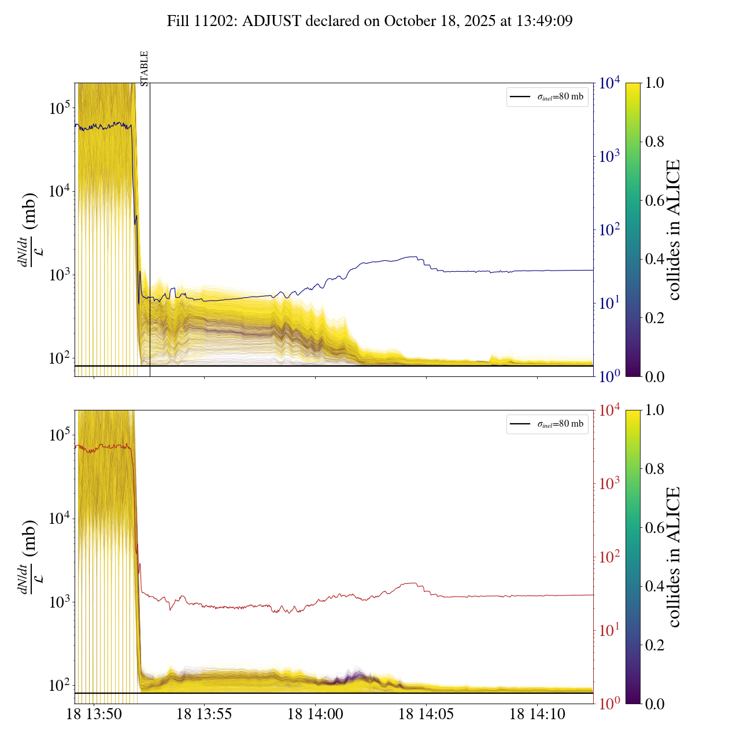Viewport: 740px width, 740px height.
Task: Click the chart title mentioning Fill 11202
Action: point(370,21)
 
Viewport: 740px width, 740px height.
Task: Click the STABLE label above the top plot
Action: point(144,68)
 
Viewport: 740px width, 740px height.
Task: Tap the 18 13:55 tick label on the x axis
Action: point(204,715)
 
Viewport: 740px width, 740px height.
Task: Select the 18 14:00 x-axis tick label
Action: point(315,715)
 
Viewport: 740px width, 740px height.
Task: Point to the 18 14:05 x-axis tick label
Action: point(426,715)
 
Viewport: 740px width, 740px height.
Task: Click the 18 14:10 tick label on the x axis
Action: point(537,715)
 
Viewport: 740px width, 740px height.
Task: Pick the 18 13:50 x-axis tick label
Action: point(94,715)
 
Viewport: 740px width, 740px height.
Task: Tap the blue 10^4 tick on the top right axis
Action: point(609,83)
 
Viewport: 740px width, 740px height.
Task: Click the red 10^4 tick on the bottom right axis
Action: point(609,410)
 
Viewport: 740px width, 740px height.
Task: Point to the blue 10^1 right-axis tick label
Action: point(609,302)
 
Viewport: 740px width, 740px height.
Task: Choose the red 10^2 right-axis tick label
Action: point(609,557)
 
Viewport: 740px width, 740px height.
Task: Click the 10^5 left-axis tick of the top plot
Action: point(60,108)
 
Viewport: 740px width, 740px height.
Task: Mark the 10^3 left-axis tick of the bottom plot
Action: point(60,602)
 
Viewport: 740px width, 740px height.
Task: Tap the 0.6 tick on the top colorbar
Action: point(654,200)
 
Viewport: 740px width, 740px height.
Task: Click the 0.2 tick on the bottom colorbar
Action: point(654,645)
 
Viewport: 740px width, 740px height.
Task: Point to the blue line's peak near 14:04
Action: point(413,257)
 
